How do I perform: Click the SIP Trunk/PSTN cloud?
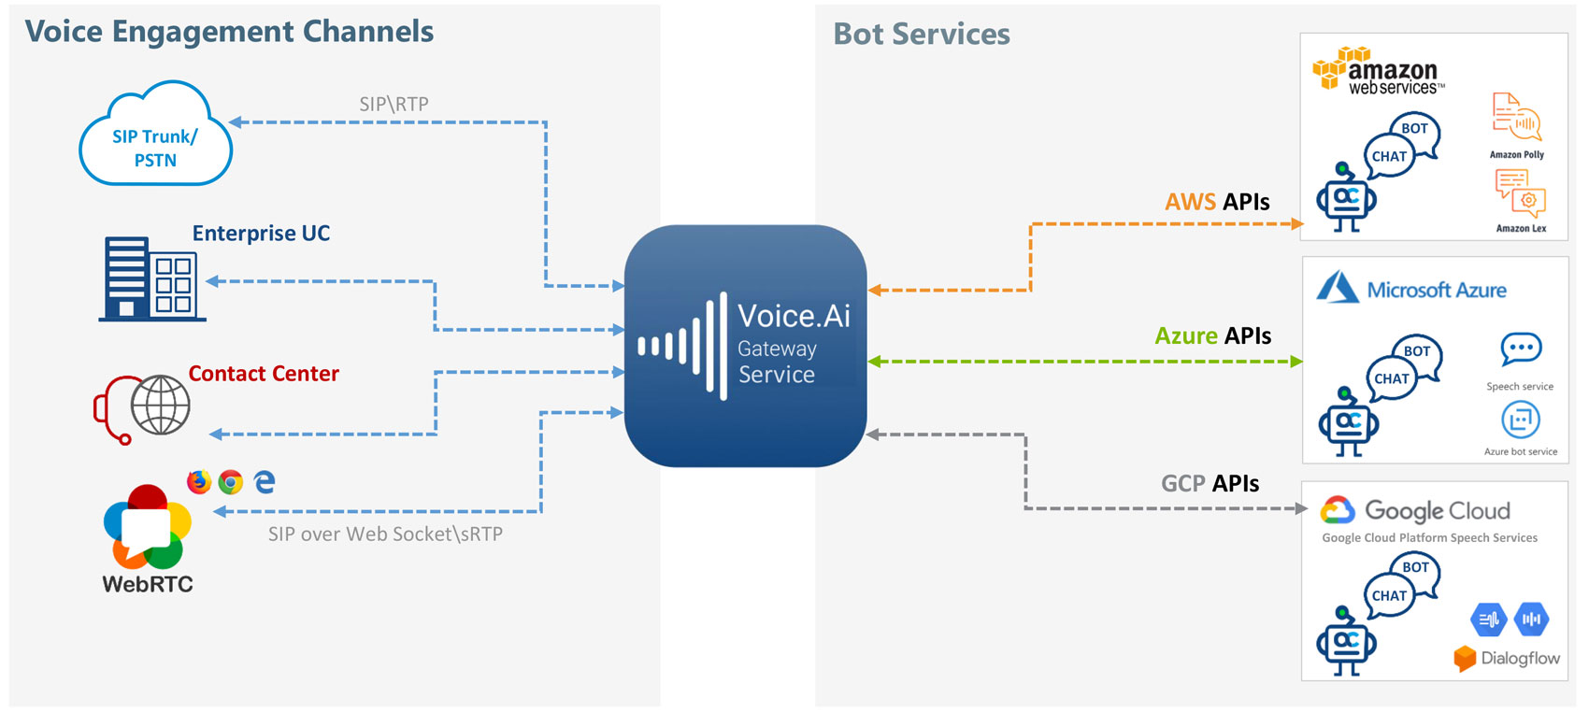click(155, 136)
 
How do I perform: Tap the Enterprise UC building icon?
click(151, 278)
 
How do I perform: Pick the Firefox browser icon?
click(199, 481)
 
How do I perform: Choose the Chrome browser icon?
click(231, 482)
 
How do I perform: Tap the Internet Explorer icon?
click(265, 481)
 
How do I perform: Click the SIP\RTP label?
click(394, 105)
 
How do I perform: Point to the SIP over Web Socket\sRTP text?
click(385, 534)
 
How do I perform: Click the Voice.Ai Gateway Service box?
click(745, 346)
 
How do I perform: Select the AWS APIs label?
click(1217, 202)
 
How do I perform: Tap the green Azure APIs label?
click(1212, 336)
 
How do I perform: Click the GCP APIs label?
click(1210, 484)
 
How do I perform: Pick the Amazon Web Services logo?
click(1380, 72)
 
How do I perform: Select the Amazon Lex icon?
click(1520, 192)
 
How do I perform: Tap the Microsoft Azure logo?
click(1411, 289)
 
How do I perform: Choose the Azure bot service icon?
click(1520, 420)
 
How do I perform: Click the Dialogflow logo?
click(1506, 658)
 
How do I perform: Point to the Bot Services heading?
click(922, 35)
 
